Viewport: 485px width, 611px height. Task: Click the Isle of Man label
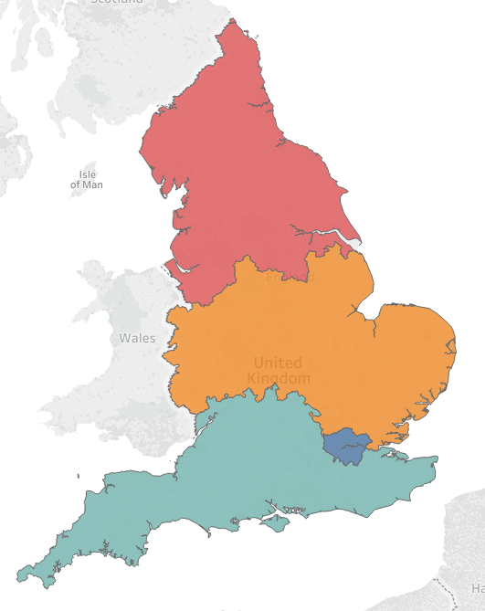tap(87, 179)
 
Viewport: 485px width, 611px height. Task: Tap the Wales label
tap(137, 338)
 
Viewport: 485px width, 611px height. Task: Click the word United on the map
tap(278, 363)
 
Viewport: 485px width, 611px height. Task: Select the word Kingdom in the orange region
tap(279, 378)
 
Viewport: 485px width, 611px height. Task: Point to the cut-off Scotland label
tap(117, 3)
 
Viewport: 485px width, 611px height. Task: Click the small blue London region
tap(345, 446)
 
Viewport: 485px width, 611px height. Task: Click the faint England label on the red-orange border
tap(283, 276)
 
